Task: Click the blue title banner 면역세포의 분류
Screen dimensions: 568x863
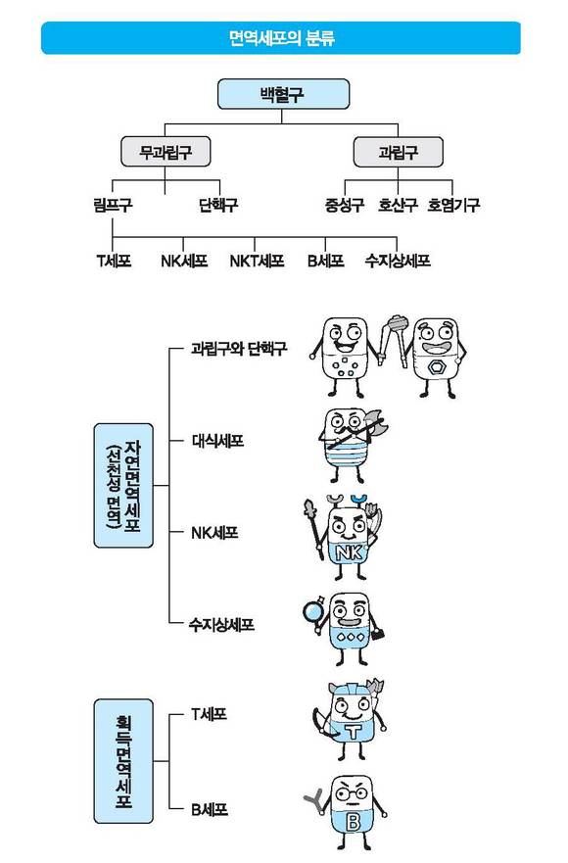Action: tap(281, 38)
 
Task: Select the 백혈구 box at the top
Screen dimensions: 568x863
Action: tap(283, 94)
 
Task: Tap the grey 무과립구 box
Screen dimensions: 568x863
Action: tap(166, 152)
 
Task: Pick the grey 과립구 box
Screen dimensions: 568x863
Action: tap(398, 152)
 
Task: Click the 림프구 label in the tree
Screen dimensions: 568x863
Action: tap(113, 206)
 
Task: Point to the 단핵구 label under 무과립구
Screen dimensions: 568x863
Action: tap(218, 206)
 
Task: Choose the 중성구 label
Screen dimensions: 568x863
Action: tap(345, 206)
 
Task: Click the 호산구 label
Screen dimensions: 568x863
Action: tap(398, 206)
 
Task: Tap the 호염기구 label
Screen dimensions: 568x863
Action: tap(454, 206)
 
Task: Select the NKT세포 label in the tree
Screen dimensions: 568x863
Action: tap(257, 261)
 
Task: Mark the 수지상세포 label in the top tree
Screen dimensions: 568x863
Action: tap(398, 261)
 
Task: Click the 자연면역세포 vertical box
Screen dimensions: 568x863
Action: tap(123, 486)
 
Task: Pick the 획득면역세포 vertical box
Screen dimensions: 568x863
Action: tap(123, 761)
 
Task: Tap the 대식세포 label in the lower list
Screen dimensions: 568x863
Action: tap(217, 441)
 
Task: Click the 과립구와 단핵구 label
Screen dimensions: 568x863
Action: tap(239, 349)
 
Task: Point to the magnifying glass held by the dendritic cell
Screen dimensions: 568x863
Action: tap(314, 611)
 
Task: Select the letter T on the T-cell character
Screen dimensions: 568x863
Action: tap(354, 732)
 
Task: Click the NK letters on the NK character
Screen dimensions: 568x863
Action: tap(350, 552)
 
